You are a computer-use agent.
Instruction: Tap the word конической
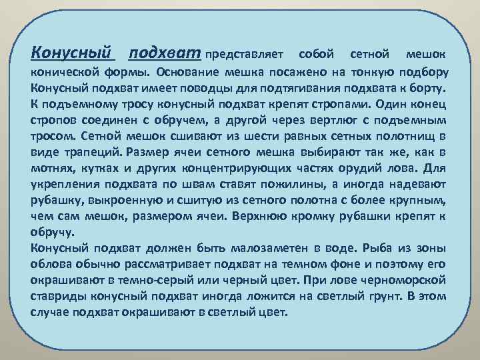(x=63, y=71)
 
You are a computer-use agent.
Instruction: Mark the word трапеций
(x=96, y=152)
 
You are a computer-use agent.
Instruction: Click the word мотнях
(x=53, y=169)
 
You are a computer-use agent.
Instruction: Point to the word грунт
(x=383, y=297)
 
